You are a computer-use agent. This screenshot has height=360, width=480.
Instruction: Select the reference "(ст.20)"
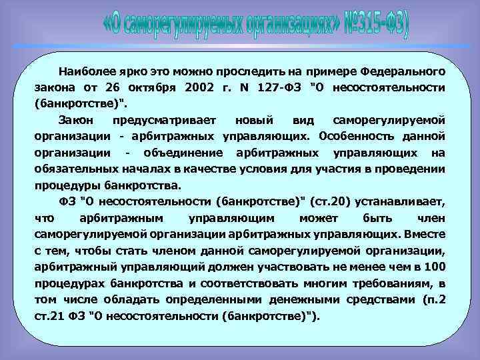coord(343,201)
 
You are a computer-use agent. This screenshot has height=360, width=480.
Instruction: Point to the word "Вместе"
coord(425,234)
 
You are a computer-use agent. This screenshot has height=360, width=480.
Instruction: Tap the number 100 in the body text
coord(434,267)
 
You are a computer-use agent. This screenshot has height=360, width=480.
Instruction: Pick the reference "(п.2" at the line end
coord(433,299)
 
